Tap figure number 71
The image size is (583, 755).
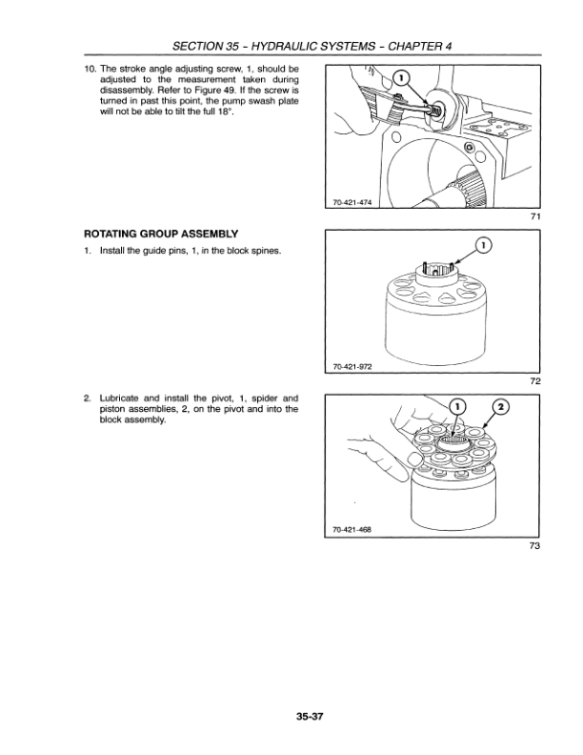(x=535, y=217)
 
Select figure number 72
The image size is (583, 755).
(x=535, y=381)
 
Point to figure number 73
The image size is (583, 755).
(x=535, y=546)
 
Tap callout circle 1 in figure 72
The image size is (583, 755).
(x=484, y=247)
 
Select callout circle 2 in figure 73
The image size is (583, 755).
(x=497, y=406)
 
